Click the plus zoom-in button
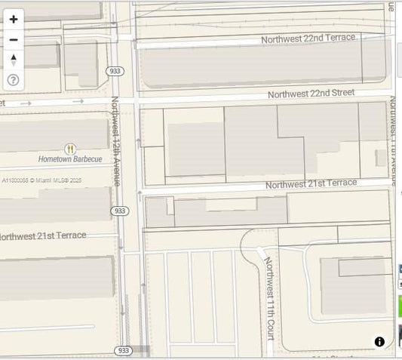(14, 20)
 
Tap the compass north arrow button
(14, 60)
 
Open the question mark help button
(14, 79)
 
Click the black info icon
(379, 342)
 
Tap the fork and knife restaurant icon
(70, 149)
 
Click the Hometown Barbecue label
(70, 159)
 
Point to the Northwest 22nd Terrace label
(308, 38)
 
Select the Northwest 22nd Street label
(311, 94)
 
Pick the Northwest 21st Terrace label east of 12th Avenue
(311, 183)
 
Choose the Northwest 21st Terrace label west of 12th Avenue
(43, 236)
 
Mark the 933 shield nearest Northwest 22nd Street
(115, 71)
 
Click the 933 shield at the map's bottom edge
(124, 350)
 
